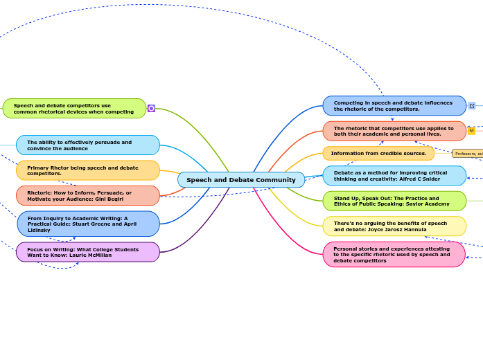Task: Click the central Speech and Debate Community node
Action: pos(240,180)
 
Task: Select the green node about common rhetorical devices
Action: pos(74,109)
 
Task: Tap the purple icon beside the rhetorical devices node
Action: pos(151,109)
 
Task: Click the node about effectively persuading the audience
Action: pos(88,145)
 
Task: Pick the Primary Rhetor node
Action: pos(88,170)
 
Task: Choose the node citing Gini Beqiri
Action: pos(88,195)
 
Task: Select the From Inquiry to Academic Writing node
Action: pos(88,224)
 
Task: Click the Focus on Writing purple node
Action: pos(88,252)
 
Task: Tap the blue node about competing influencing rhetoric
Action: pos(394,106)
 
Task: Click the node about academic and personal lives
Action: pos(394,131)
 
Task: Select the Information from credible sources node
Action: pos(378,153)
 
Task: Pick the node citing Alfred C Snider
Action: pos(394,176)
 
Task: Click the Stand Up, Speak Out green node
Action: pos(394,201)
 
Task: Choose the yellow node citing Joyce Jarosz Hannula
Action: pos(394,226)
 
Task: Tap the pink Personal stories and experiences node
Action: pos(394,254)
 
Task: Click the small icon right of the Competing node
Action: pos(472,106)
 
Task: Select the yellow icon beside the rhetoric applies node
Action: pos(471,131)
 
